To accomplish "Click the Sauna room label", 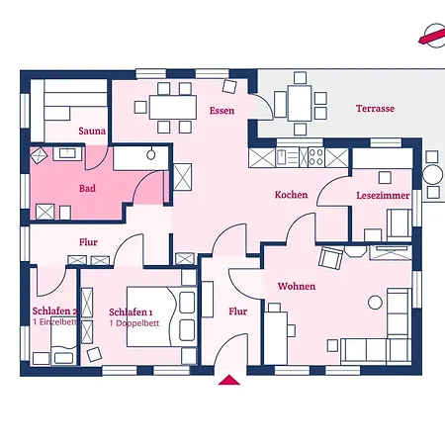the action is pos(92,131).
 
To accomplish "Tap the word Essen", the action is pos(222,111).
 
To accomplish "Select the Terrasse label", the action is pos(375,109).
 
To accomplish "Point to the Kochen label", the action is pos(292,195).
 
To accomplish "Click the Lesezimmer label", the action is pos(383,195).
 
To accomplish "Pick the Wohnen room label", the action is pos(297,286).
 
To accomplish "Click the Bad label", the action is pos(87,188).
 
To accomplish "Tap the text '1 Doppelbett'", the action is pos(134,323).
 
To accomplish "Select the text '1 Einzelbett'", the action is pos(54,322).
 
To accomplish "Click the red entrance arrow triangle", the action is pos(229,380).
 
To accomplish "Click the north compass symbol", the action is pos(433,36).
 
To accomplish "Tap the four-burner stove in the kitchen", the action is pos(315,157).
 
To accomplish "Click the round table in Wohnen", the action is pos(375,302).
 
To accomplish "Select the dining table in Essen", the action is pos(173,108).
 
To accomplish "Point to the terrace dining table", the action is pos(300,104).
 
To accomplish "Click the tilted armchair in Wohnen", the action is pos(330,258).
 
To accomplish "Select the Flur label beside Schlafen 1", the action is pos(238,311).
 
